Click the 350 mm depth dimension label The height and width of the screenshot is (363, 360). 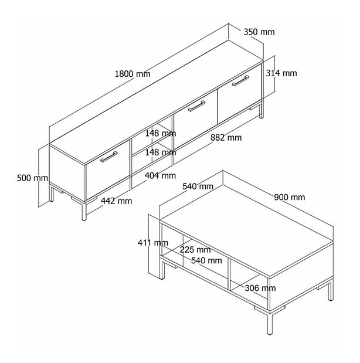[259, 32]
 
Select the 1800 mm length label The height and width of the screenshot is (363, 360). [133, 74]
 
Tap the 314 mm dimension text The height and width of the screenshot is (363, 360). [281, 73]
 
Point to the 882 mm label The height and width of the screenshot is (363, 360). [226, 138]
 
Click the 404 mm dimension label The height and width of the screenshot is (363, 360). [160, 176]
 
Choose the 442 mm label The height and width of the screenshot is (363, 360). [116, 201]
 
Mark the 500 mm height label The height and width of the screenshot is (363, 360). [32, 178]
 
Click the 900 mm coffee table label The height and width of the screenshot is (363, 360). [290, 197]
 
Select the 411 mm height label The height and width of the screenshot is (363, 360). [153, 243]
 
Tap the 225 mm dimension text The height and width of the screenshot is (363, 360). [195, 250]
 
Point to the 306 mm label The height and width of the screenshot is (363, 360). [260, 288]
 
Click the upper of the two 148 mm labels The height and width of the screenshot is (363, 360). [161, 133]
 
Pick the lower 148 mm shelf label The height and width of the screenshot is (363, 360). [161, 152]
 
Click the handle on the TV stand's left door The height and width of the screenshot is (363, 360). [109, 157]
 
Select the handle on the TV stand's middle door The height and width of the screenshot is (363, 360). [196, 106]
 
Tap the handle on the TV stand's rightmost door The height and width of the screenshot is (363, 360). [240, 80]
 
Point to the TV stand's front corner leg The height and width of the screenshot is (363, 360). [84, 211]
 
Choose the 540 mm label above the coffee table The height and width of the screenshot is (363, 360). [198, 186]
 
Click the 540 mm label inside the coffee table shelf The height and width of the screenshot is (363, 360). [206, 261]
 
